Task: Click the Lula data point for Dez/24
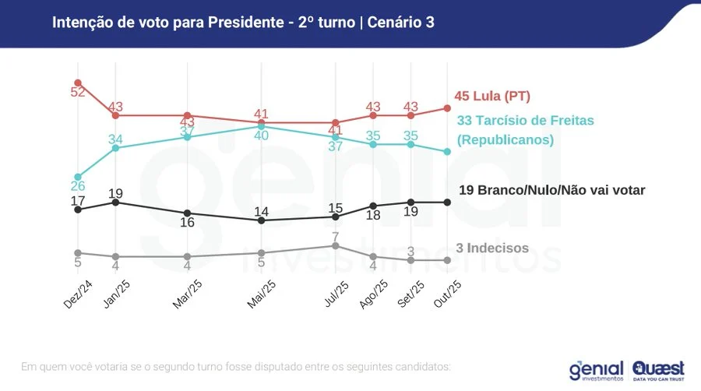78,82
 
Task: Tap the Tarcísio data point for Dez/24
78,177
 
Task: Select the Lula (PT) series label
492,97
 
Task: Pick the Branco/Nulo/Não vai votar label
551,189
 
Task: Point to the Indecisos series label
492,248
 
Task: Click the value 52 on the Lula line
78,93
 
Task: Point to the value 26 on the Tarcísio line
78,187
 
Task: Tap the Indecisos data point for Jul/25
336,245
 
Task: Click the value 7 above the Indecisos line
336,236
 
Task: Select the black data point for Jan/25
115,202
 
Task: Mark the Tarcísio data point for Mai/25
262,126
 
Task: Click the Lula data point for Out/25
447,108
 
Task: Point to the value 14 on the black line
262,211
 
